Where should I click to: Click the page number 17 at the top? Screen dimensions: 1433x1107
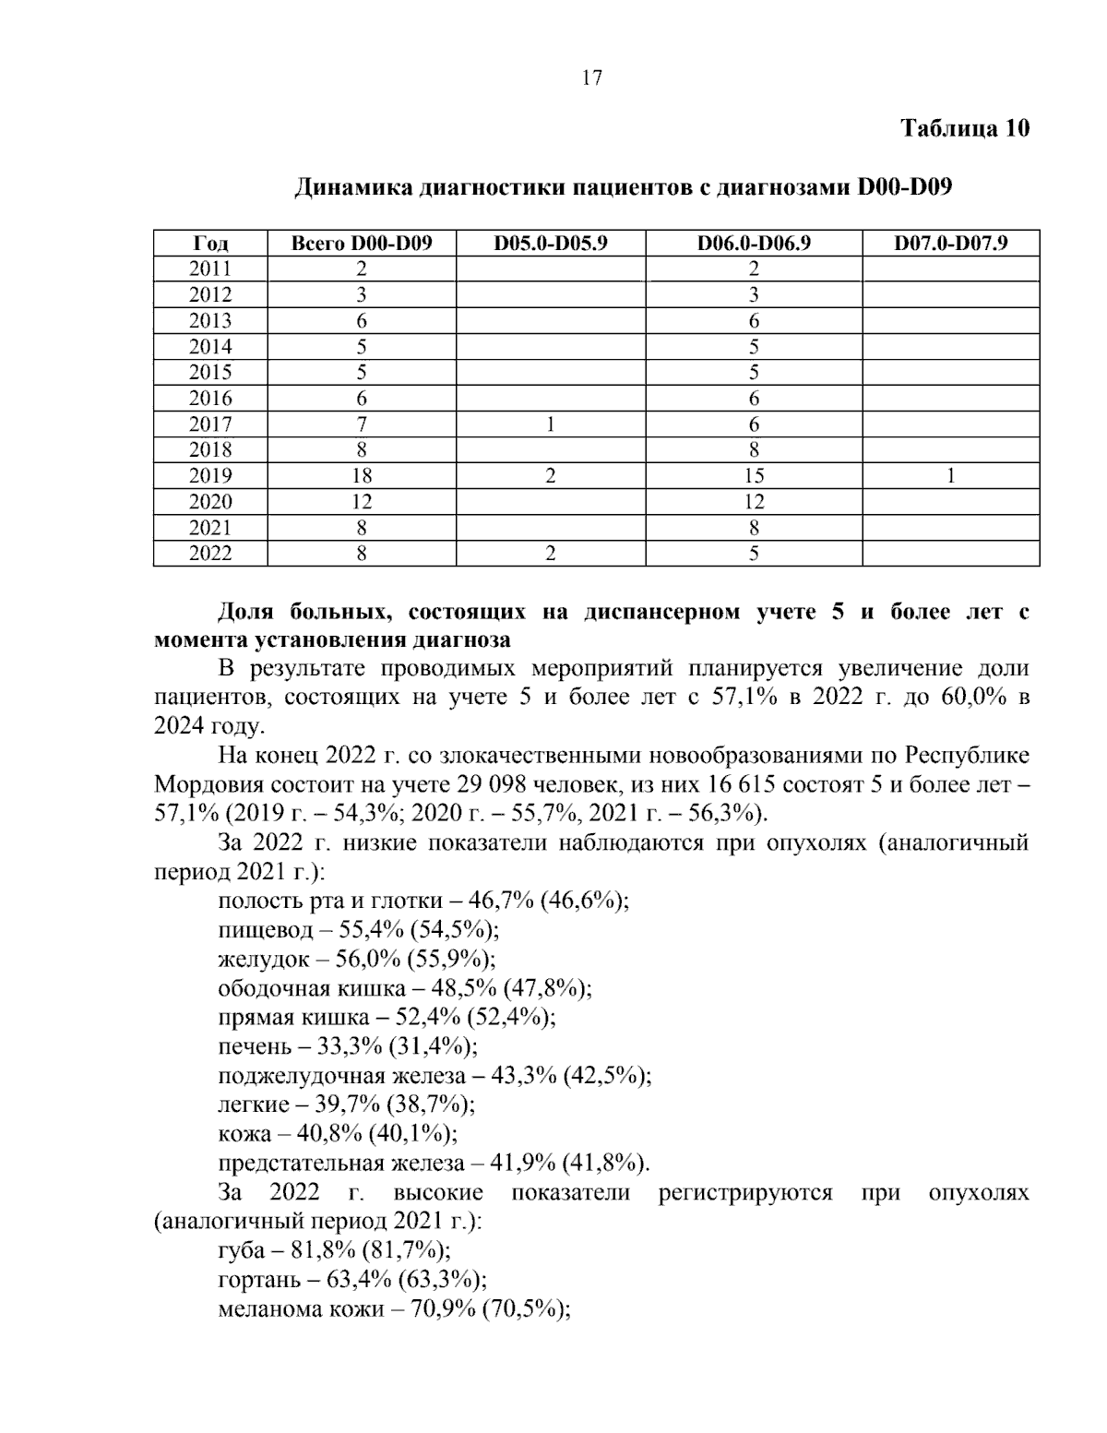(x=592, y=78)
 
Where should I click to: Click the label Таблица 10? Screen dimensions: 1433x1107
(x=964, y=128)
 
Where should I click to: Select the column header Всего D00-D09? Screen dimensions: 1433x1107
(x=362, y=244)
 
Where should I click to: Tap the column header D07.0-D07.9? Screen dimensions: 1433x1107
(x=950, y=244)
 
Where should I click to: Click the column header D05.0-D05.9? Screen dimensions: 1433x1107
(x=551, y=244)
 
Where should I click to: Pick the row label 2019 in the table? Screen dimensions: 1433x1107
(x=210, y=476)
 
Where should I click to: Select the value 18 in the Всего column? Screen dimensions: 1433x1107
(x=362, y=476)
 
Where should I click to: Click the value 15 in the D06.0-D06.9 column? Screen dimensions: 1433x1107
(x=754, y=476)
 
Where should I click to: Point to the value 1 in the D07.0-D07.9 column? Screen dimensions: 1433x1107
(x=950, y=476)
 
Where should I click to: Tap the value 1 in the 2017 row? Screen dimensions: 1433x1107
(x=551, y=424)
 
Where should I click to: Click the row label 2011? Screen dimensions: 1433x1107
(x=210, y=269)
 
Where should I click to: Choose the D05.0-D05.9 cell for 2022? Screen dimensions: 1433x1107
(x=551, y=554)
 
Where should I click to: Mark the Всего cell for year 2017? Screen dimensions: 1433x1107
(x=362, y=424)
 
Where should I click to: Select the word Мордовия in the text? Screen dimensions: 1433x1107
(x=208, y=785)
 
